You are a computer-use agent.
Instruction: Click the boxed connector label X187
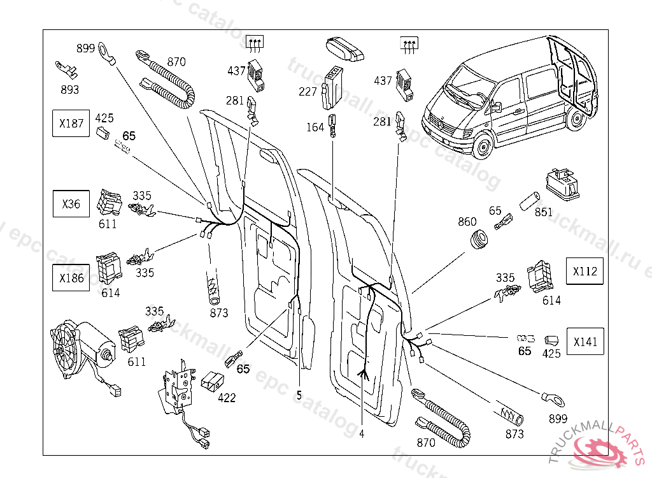71,123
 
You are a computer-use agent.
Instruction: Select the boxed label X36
71,205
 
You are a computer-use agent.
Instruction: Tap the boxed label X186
71,278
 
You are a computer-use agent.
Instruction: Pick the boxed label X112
585,271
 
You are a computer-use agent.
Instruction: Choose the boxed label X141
585,342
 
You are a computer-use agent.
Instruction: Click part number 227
308,92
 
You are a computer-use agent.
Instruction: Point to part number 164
315,127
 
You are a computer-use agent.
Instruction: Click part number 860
467,222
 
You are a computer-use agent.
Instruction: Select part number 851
544,212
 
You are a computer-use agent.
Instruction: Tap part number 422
227,398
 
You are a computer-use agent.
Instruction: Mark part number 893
69,90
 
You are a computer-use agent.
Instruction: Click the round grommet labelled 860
479,241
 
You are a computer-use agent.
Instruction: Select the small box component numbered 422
213,380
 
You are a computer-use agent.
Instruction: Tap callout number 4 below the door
362,433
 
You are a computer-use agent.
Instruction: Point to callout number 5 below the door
299,395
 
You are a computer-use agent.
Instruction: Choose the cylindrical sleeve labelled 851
528,204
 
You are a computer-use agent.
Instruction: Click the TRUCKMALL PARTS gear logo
599,449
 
